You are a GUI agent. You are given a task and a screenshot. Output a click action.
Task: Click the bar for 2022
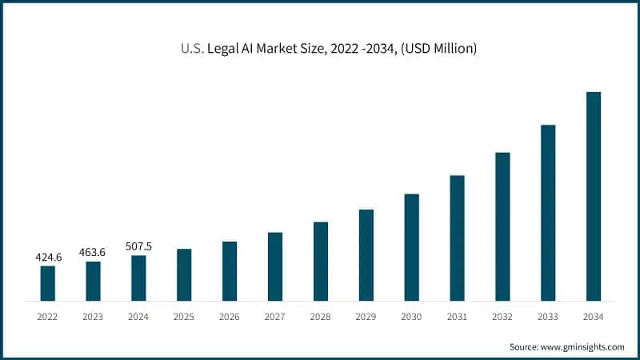48,283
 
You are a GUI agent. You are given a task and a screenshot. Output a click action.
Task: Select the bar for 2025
184,274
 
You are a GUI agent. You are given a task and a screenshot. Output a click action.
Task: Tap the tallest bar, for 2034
594,196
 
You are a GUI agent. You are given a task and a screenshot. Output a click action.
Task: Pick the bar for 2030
411,247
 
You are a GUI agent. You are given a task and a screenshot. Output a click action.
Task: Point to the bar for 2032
502,226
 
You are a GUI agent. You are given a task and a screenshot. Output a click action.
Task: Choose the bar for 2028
321,261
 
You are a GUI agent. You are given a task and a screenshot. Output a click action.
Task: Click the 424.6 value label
48,258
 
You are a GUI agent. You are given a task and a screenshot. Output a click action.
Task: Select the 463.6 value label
93,253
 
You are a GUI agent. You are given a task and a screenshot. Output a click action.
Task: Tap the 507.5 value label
138,246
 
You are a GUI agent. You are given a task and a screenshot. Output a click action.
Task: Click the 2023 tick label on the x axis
93,318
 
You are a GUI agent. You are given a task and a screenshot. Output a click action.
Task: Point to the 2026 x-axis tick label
230,318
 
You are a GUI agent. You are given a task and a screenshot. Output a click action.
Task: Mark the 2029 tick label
366,318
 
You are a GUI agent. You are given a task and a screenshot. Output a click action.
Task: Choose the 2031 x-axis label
457,318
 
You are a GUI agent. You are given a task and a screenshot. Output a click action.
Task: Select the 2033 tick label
548,318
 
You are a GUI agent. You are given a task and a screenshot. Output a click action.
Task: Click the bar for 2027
275,266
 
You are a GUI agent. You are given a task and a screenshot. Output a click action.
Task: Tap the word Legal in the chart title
224,50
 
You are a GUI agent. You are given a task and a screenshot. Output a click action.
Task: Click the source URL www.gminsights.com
584,346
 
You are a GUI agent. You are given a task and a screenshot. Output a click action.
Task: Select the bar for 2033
548,213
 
